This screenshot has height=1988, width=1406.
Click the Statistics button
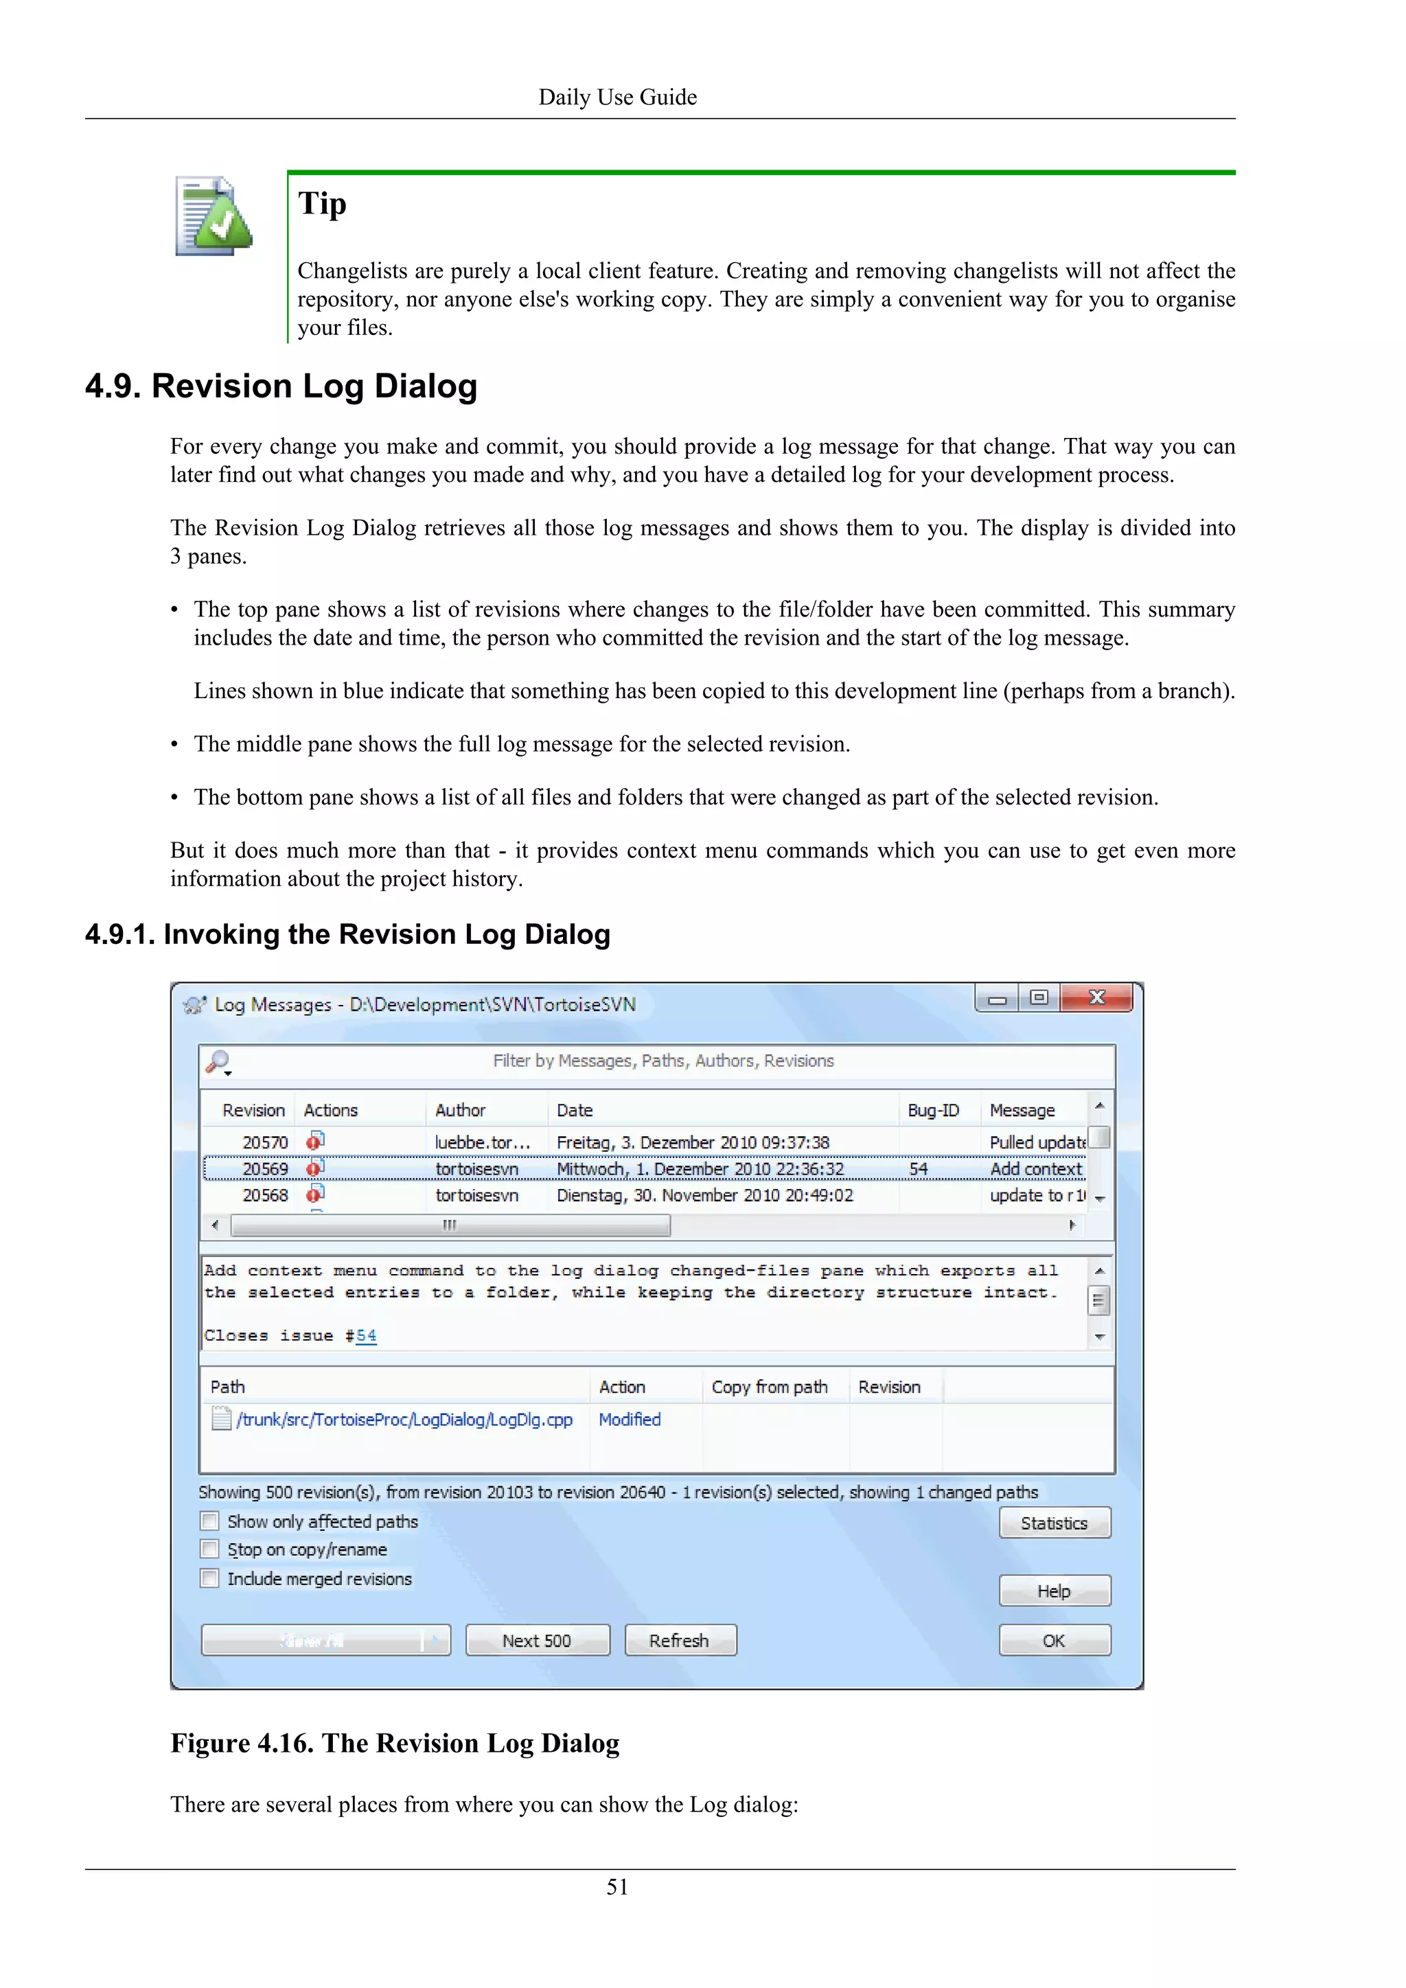1054,1523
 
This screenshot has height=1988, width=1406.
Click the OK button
1054,1641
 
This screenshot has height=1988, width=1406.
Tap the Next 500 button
537,1641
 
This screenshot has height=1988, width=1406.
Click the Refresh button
680,1641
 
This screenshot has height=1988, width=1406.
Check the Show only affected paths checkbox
209,1521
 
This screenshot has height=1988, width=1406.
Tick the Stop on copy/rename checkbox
209,1549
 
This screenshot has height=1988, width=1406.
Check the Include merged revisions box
209,1578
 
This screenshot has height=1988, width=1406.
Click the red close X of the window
1096,997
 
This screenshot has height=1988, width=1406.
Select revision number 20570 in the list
265,1142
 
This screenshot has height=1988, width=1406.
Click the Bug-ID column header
932,1110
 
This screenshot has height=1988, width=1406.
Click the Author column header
460,1110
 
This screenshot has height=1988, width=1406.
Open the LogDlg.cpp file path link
404,1420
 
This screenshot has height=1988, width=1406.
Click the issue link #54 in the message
365,1336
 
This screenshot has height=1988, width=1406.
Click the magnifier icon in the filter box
218,1061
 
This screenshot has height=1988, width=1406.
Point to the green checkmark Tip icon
213,216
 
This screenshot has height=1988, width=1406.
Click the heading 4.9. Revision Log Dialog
281,386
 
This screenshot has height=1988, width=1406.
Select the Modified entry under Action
630,1420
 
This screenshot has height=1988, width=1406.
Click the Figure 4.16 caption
395,1743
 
